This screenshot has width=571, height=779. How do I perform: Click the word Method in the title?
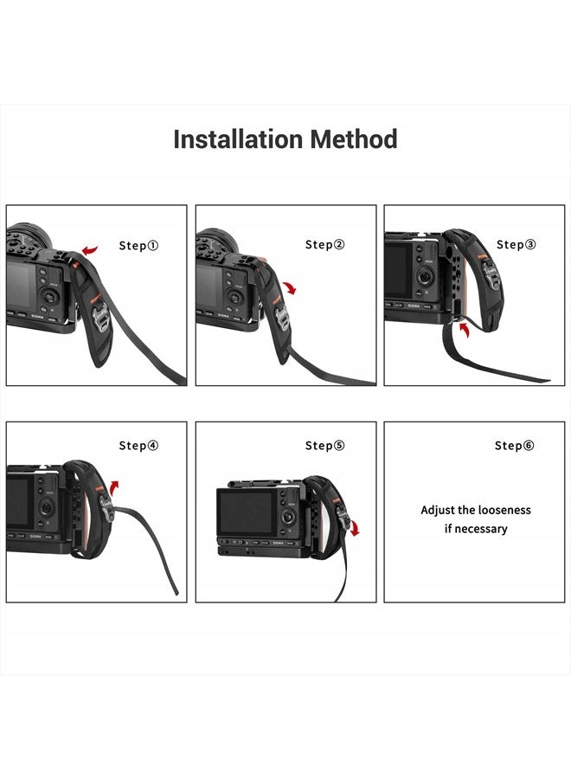click(x=354, y=139)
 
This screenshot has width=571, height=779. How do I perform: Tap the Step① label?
click(x=138, y=246)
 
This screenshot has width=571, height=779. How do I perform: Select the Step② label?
click(x=325, y=245)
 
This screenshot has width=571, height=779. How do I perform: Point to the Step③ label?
click(x=516, y=245)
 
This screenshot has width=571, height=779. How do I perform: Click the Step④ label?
click(x=138, y=446)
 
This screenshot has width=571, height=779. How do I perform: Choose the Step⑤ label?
click(x=325, y=446)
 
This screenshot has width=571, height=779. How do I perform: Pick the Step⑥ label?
click(x=515, y=446)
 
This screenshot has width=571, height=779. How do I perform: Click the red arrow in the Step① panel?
click(x=89, y=249)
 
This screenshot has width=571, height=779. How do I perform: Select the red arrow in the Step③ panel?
click(x=465, y=329)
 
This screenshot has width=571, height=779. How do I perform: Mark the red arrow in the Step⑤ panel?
click(x=356, y=528)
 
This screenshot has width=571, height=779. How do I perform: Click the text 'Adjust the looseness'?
click(x=476, y=510)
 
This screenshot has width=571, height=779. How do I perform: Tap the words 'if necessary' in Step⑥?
click(x=476, y=529)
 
